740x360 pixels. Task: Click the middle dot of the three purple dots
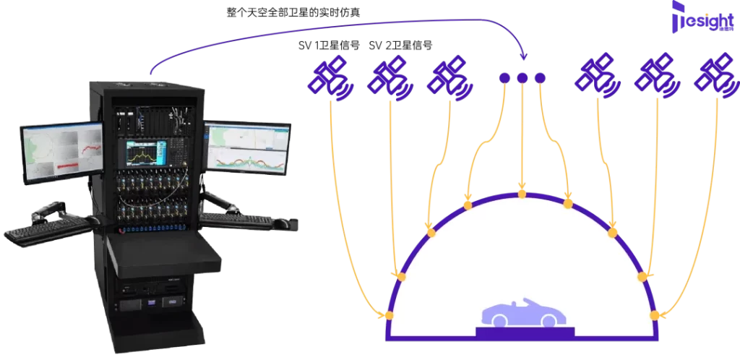[x=522, y=77]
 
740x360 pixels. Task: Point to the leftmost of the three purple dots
[x=504, y=77]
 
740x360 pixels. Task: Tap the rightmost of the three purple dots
[x=540, y=77]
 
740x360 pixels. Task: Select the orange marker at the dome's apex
[x=522, y=193]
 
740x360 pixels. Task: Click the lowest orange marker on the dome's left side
[x=388, y=315]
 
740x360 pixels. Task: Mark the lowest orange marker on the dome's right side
[x=655, y=315]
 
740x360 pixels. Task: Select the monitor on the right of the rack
[x=248, y=148]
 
